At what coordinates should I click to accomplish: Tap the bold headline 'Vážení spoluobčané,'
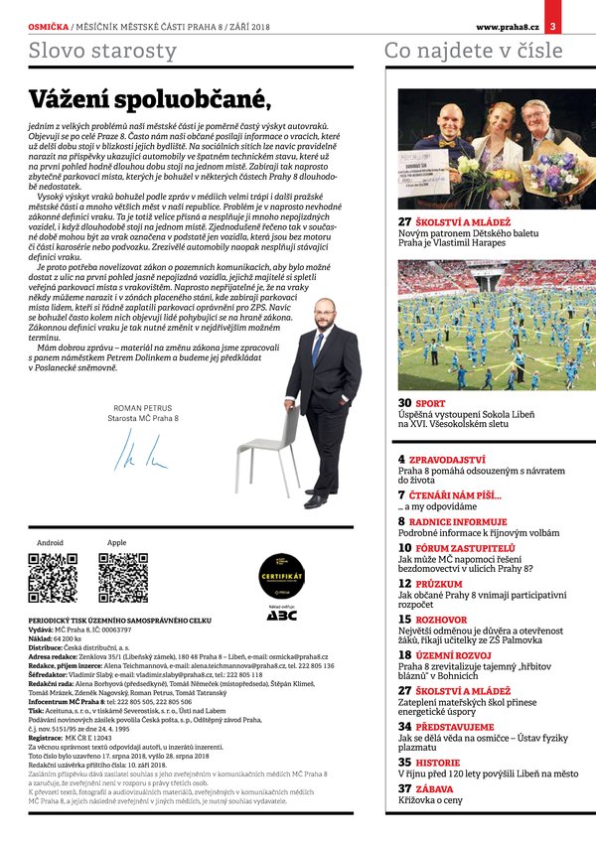pos(149,99)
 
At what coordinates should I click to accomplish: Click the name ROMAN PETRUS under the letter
pos(144,408)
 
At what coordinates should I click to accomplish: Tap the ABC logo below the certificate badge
pos(281,616)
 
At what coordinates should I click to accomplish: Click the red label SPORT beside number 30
pos(431,404)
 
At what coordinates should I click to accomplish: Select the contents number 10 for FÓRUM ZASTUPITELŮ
pos(404,547)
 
